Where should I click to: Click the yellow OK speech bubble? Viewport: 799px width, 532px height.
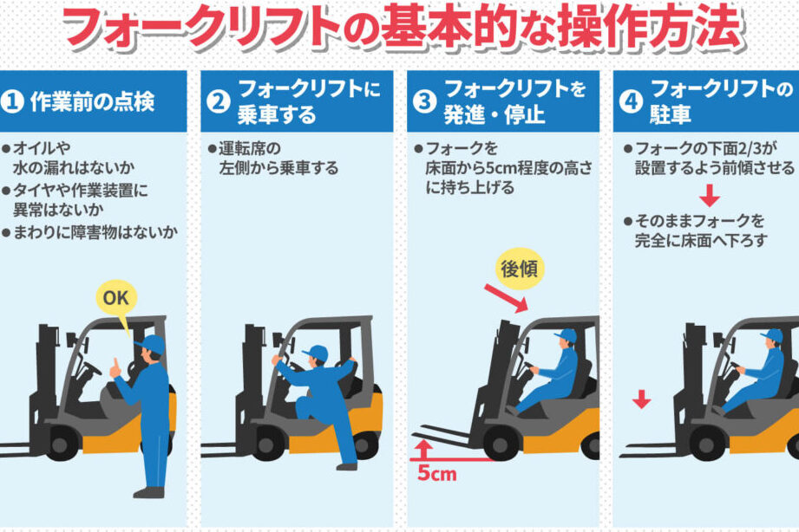[116, 298]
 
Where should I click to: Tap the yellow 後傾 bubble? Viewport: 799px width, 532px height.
[520, 269]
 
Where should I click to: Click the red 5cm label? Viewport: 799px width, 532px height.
[436, 473]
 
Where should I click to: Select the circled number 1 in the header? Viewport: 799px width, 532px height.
[12, 101]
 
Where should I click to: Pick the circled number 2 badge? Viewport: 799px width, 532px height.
[219, 101]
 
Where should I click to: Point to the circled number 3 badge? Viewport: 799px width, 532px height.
[424, 101]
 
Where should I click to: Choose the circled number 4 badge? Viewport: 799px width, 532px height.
[631, 101]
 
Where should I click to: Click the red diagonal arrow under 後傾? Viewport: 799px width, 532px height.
[506, 298]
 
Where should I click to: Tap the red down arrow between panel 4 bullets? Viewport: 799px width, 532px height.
[710, 195]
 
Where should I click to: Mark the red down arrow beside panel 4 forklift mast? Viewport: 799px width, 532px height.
[642, 399]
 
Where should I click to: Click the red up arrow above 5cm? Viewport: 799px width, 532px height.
[423, 450]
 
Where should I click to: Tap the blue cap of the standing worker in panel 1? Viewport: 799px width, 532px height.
[151, 344]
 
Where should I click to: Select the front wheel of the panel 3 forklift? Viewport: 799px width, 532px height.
[501, 444]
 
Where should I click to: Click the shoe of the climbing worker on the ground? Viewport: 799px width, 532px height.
[346, 466]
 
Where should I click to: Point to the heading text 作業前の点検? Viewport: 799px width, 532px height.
[92, 102]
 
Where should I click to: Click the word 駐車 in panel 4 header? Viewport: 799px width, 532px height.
[670, 114]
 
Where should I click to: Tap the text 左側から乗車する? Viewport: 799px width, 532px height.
[278, 168]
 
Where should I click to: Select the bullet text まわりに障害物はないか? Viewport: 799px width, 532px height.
[95, 233]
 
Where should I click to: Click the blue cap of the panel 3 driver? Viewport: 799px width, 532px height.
[567, 335]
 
